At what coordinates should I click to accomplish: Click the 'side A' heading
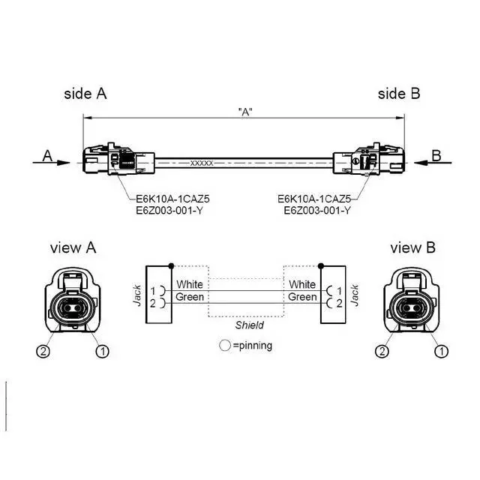point(85,94)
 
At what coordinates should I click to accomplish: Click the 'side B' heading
point(398,94)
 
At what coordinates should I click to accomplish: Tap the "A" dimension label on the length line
point(244,112)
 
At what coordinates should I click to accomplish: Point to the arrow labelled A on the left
point(57,160)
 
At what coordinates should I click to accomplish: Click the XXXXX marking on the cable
point(202,163)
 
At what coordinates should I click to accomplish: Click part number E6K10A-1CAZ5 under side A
point(172,199)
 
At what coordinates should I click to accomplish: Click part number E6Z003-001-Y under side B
point(316,211)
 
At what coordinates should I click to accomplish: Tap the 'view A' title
point(73,248)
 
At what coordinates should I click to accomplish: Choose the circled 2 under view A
point(43,350)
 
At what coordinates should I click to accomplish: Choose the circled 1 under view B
point(442,350)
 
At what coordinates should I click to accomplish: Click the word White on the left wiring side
point(189,285)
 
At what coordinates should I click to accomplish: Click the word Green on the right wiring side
point(302,297)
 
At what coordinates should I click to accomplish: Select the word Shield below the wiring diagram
point(249,325)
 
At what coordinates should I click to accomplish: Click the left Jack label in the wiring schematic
point(137,294)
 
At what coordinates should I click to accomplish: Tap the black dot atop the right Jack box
point(321,265)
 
